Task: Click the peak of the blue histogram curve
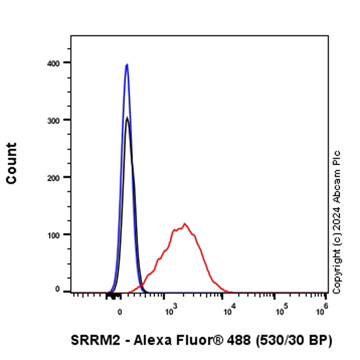pos(127,64)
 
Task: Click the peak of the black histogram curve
pos(127,118)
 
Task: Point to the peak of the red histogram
pos(184,224)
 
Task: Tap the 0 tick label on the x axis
pos(120,310)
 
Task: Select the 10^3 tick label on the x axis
pos(169,309)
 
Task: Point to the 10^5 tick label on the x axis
pos(281,309)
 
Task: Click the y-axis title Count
pos(11,163)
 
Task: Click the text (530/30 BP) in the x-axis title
pos(295,341)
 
